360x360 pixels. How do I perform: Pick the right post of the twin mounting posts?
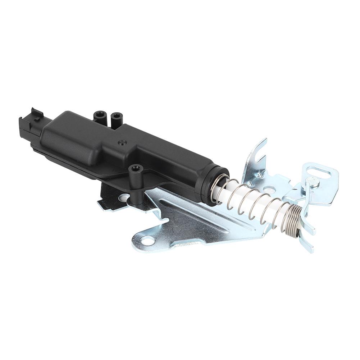point(116,117)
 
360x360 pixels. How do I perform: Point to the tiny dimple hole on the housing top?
point(122,143)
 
